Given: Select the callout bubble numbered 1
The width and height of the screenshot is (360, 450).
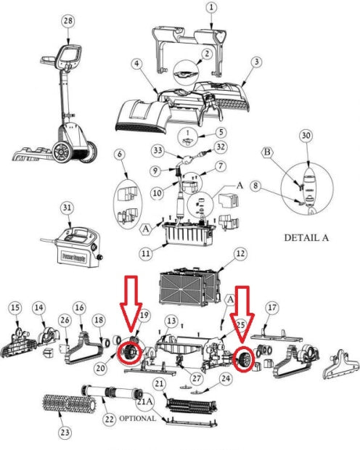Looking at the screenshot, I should tap(211, 7).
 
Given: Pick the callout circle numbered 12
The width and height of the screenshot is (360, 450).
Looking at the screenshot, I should tap(240, 254).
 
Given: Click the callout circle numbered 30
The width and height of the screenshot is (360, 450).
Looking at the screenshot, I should tap(306, 136).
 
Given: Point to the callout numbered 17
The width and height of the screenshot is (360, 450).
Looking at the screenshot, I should tap(272, 307).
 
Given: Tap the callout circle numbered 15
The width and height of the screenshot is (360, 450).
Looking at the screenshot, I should tap(15, 308).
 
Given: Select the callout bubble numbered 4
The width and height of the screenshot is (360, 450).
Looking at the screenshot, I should tap(136, 65).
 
